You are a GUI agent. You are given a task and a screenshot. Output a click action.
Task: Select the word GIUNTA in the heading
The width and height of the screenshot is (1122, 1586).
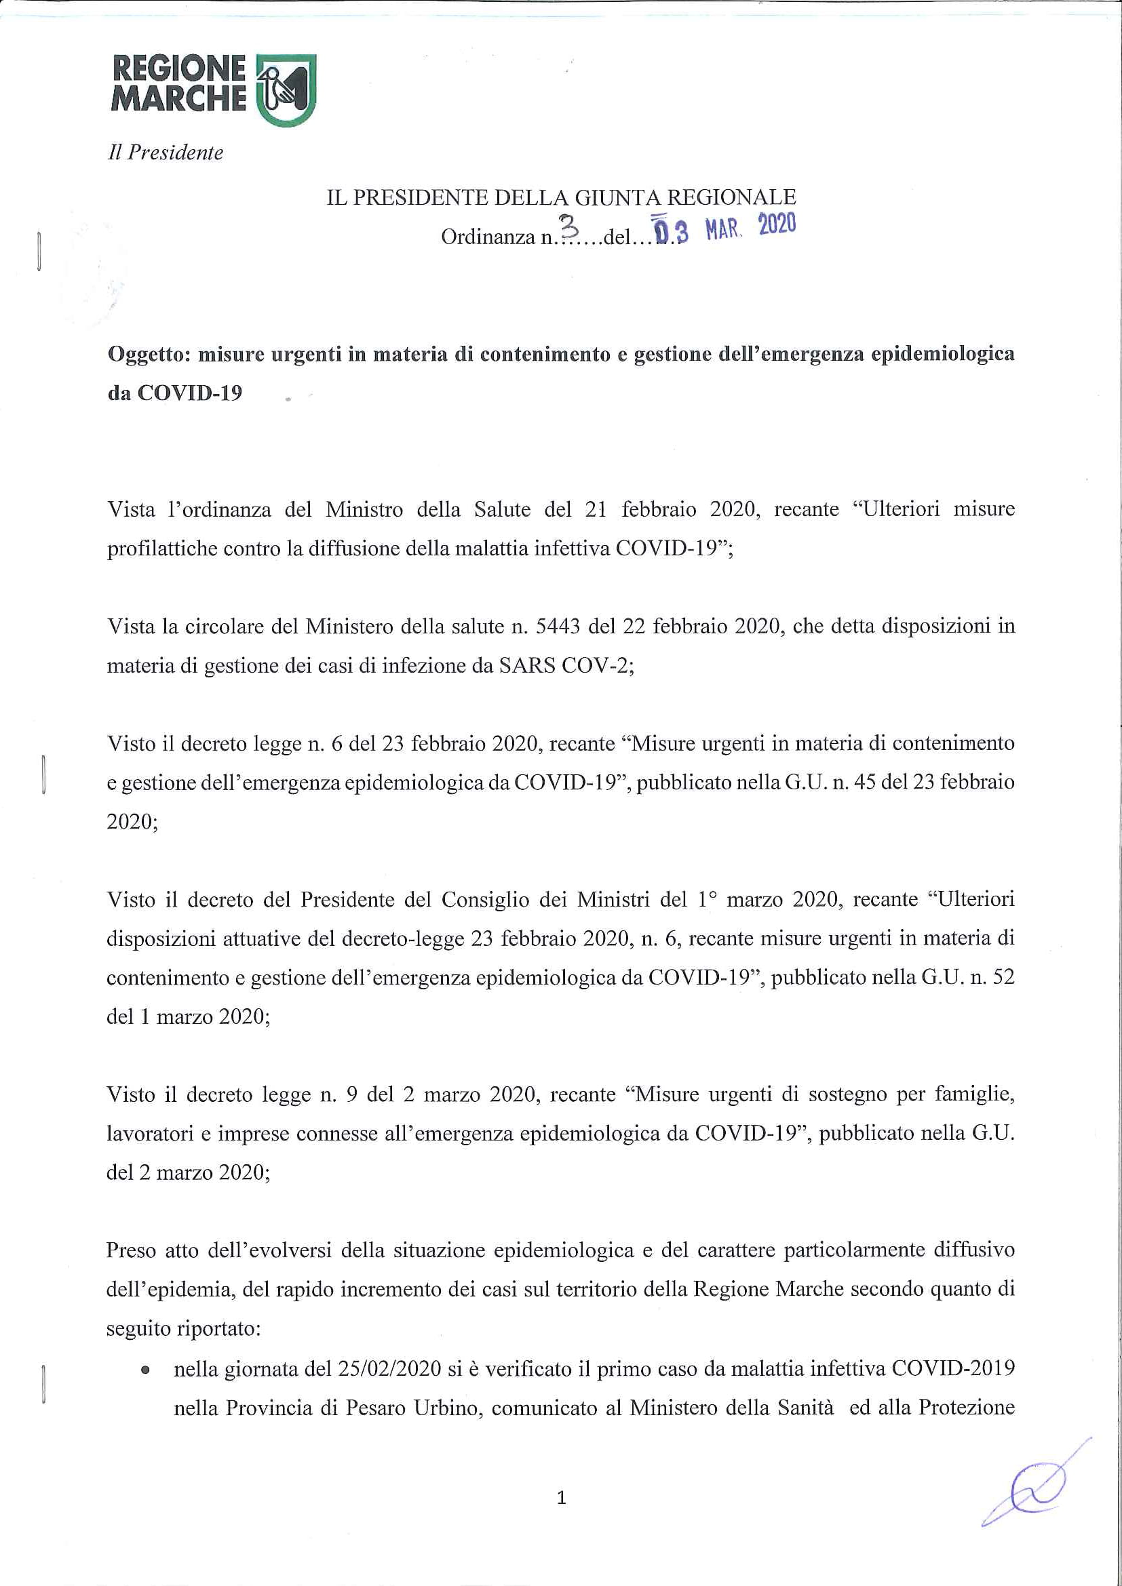[616, 198]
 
